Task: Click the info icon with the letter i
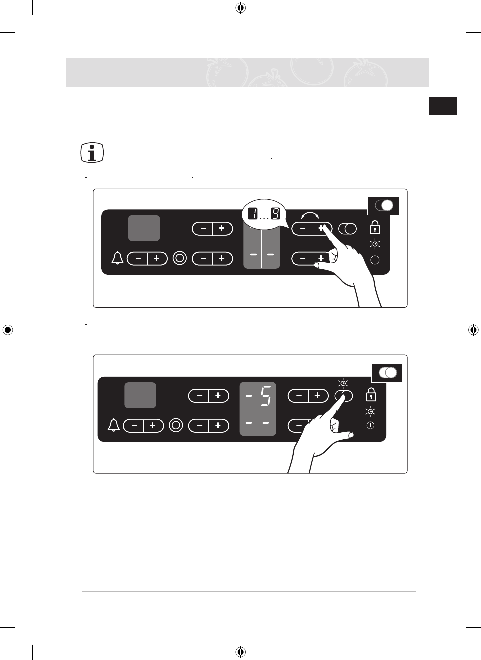(x=92, y=153)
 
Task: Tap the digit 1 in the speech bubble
(x=253, y=214)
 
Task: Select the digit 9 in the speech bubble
(x=276, y=214)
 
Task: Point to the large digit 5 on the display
(x=266, y=395)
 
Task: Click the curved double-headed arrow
(x=310, y=215)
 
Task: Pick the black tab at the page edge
(x=443, y=106)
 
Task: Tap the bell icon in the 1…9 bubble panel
(x=117, y=258)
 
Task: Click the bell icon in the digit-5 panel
(x=114, y=425)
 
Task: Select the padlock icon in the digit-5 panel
(x=371, y=395)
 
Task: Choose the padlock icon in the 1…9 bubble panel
(x=375, y=228)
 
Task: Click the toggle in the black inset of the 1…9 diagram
(x=384, y=205)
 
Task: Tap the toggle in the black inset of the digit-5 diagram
(x=387, y=372)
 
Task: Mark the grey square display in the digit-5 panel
(x=140, y=395)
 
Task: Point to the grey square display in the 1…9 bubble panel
(x=144, y=228)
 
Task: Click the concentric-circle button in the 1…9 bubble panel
(x=180, y=258)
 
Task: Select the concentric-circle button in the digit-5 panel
(x=176, y=425)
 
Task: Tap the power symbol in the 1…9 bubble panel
(x=375, y=260)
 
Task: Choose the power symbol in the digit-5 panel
(x=370, y=425)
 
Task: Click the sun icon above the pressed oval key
(x=343, y=384)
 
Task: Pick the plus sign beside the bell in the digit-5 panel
(x=153, y=425)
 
